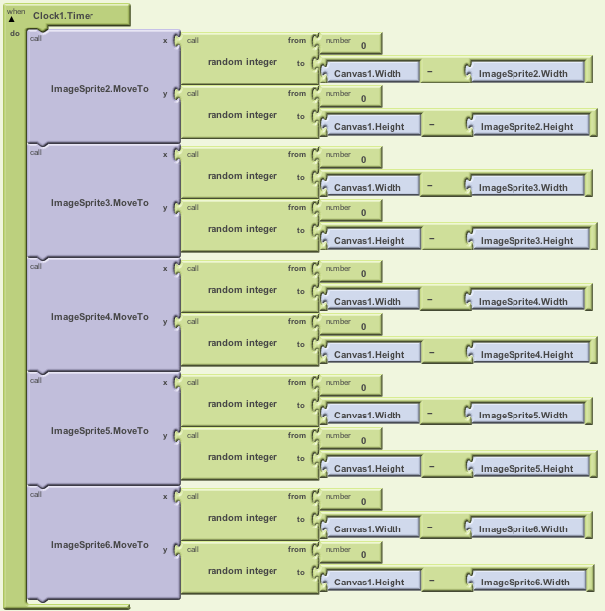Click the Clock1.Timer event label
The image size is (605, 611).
pyautogui.click(x=63, y=16)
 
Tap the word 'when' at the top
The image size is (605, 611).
pyautogui.click(x=16, y=12)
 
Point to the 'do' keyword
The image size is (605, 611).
pyautogui.click(x=15, y=33)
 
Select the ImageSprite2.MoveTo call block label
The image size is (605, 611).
pyautogui.click(x=99, y=89)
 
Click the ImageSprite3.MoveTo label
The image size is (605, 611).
pyautogui.click(x=99, y=203)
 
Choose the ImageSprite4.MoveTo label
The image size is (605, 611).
pyautogui.click(x=99, y=317)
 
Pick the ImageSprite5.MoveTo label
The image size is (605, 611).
pyautogui.click(x=99, y=431)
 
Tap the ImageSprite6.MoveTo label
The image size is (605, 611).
pyautogui.click(x=99, y=545)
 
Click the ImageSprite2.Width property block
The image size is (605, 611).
pyautogui.click(x=523, y=74)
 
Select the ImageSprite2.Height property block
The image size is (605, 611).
pyautogui.click(x=526, y=127)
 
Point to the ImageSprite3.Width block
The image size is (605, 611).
pyautogui.click(x=523, y=188)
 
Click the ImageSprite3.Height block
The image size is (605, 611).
pyautogui.click(x=526, y=241)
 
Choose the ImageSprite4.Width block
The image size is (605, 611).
pyautogui.click(x=523, y=302)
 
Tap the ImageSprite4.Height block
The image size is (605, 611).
pyautogui.click(x=526, y=355)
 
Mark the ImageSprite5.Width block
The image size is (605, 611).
pyautogui.click(x=523, y=416)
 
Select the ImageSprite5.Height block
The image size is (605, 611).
pyautogui.click(x=526, y=469)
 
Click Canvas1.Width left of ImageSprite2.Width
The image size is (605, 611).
pyautogui.click(x=368, y=74)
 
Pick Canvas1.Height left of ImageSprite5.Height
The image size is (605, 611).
pyautogui.click(x=370, y=469)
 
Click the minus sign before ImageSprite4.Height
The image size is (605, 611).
pyautogui.click(x=431, y=353)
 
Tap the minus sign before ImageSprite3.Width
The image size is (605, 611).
pyautogui.click(x=429, y=186)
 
